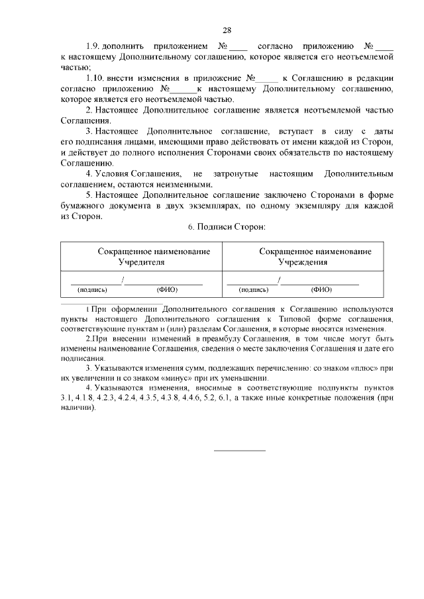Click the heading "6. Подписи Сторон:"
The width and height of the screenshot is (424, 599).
click(x=226, y=227)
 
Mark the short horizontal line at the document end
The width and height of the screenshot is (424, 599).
click(x=239, y=450)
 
